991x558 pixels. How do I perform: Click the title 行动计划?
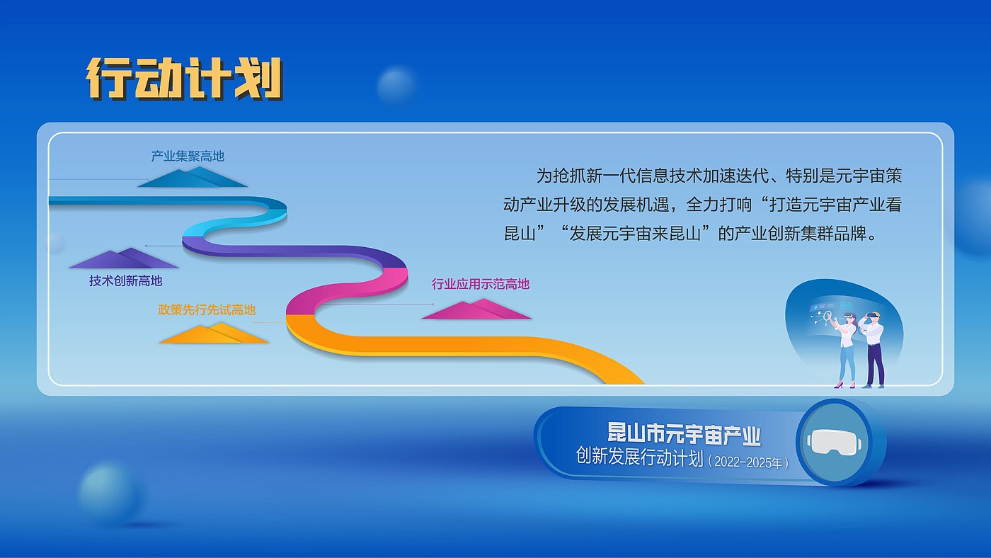tap(184, 79)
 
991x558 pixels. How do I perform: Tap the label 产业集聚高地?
tap(188, 156)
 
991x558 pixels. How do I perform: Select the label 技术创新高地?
tap(126, 280)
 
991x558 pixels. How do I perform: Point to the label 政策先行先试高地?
tap(207, 309)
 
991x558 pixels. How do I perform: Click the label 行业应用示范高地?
tap(481, 284)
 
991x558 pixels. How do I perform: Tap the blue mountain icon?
tap(193, 177)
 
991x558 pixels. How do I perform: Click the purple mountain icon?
tap(124, 258)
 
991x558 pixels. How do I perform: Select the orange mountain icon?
tap(214, 334)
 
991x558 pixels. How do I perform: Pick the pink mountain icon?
tap(476, 309)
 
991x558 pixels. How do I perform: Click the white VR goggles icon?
tap(835, 442)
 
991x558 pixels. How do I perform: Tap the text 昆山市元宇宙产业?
tap(684, 433)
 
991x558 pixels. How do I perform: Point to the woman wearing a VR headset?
tap(846, 350)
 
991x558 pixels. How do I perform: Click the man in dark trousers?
tap(873, 350)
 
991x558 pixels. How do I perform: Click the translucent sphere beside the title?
tap(396, 84)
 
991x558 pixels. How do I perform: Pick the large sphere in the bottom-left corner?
tap(109, 492)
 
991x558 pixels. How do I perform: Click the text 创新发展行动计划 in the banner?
tap(638, 457)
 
